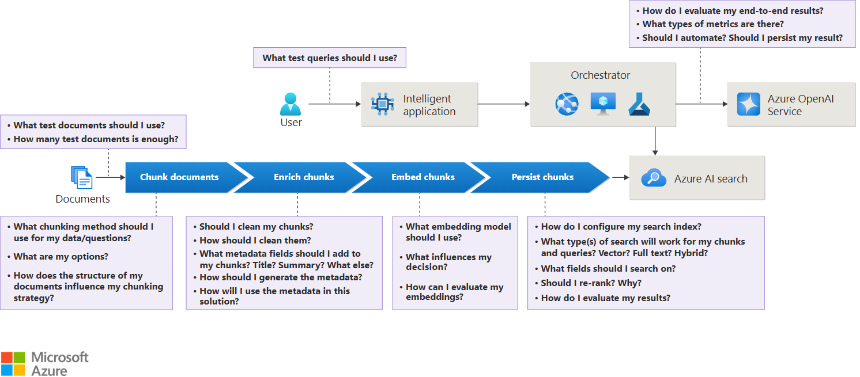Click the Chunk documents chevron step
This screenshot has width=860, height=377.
point(179,177)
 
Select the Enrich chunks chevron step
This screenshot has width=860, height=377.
point(304,177)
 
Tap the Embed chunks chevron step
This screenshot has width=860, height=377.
point(423,177)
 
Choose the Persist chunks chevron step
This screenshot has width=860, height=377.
point(542,177)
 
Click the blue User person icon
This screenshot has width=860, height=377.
point(291,104)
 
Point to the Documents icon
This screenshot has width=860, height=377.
point(82,177)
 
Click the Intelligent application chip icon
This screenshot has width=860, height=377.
point(383,104)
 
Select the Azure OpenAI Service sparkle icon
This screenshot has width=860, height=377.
point(749,104)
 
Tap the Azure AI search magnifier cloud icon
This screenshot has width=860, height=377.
point(654,178)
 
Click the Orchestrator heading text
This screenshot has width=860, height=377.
point(600,75)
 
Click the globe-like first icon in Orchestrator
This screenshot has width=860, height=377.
point(567,104)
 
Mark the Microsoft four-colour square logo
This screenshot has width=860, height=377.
point(13,364)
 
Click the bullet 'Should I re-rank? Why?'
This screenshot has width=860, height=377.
point(591,283)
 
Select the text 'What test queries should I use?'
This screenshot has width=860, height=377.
point(330,58)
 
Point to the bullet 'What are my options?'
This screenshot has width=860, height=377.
point(61,257)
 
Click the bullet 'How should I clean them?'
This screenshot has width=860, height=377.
point(255,241)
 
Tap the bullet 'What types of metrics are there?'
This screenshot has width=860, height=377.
point(713,24)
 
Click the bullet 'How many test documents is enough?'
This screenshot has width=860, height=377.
point(96,139)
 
